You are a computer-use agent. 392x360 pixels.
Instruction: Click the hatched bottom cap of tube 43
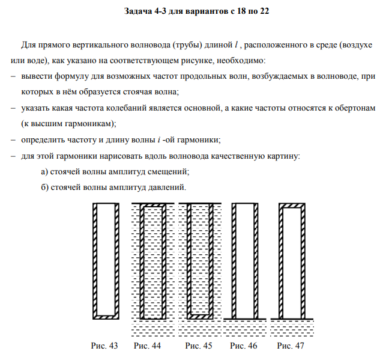click(x=105, y=317)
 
